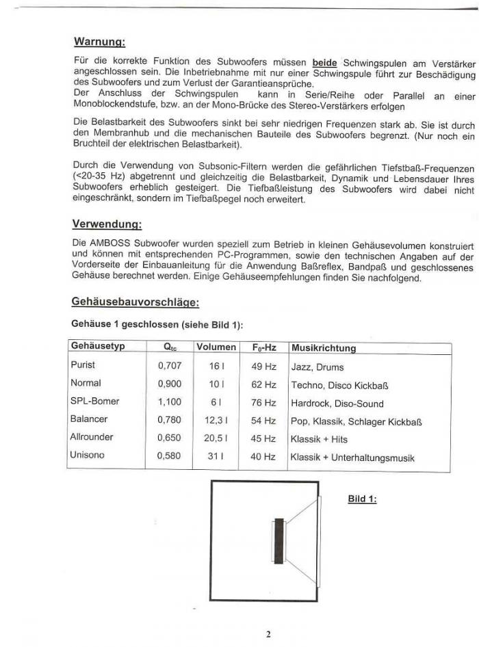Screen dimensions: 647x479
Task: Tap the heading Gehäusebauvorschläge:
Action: click(135, 302)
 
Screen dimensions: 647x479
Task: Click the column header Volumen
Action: click(216, 347)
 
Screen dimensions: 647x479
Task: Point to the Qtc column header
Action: click(170, 347)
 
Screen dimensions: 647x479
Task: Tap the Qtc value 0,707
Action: click(170, 366)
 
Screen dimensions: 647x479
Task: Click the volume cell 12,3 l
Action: click(216, 420)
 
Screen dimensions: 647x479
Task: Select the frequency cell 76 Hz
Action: click(263, 402)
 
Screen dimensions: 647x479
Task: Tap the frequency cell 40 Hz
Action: click(263, 456)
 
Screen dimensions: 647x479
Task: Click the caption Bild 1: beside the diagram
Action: click(363, 499)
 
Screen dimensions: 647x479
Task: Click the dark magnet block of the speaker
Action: click(279, 541)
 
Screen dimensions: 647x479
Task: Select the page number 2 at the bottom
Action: click(268, 634)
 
